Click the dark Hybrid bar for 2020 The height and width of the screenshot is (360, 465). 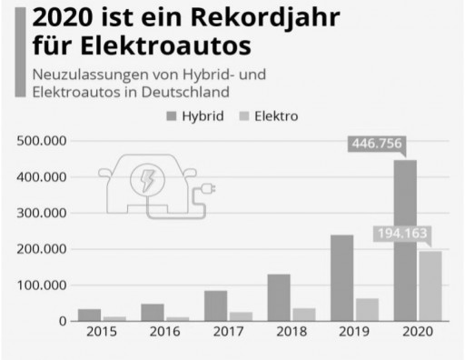[x=405, y=241]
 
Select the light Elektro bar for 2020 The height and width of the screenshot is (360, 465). [x=429, y=285]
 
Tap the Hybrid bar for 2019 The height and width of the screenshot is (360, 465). [x=341, y=277]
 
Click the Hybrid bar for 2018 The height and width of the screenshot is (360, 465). [x=279, y=297]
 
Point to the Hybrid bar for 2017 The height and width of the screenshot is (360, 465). [x=215, y=305]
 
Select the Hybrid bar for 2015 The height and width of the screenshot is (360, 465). [x=89, y=315]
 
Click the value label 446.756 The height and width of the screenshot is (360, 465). [x=376, y=145]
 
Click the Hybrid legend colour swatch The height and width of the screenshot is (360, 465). [x=173, y=116]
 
